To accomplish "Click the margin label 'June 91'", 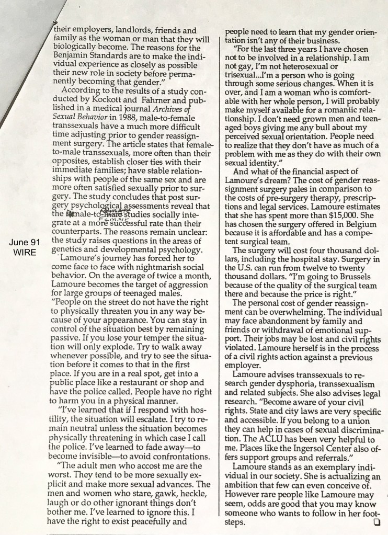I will (x=22, y=243).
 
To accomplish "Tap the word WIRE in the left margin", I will (x=22, y=252).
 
